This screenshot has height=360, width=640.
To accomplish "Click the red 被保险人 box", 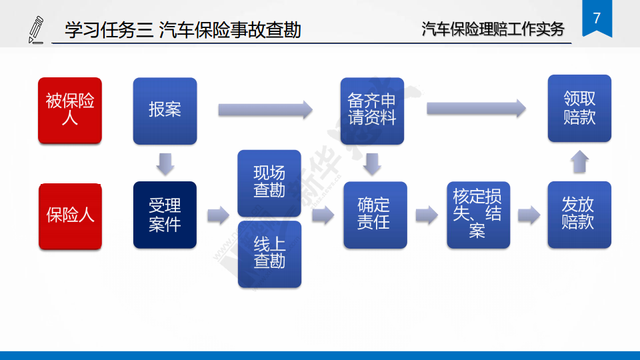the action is point(70,110).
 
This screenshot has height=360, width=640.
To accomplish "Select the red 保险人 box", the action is point(70,216).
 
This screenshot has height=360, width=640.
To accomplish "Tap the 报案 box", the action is point(165,111).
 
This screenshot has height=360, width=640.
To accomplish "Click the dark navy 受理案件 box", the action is point(165,215).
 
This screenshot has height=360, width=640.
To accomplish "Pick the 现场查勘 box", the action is point(269,183).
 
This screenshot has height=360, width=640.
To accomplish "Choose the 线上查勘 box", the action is point(270,254).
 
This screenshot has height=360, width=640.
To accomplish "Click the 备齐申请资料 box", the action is point(372,111).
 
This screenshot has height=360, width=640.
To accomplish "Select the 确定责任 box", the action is point(375,215).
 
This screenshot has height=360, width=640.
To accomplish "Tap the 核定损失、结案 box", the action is point(479,215).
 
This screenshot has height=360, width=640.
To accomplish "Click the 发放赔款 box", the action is point(579,215).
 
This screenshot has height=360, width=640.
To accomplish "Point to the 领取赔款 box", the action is point(579,108).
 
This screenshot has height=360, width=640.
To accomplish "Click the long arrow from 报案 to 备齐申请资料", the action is point(265,109).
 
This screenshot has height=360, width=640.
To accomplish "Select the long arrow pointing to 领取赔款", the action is point(476,108).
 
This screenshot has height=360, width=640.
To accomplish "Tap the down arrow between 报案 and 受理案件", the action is point(165,164).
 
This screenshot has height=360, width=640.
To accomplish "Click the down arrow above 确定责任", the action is point(372,164).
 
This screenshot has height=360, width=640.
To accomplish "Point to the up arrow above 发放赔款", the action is point(579,161).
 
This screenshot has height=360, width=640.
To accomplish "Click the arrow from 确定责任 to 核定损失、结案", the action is point(427,215).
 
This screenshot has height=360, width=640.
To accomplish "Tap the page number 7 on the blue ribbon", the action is point(597,18).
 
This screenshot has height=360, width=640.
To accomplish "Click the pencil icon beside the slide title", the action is point(36,30).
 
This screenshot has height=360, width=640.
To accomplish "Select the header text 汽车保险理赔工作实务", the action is point(493,29).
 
